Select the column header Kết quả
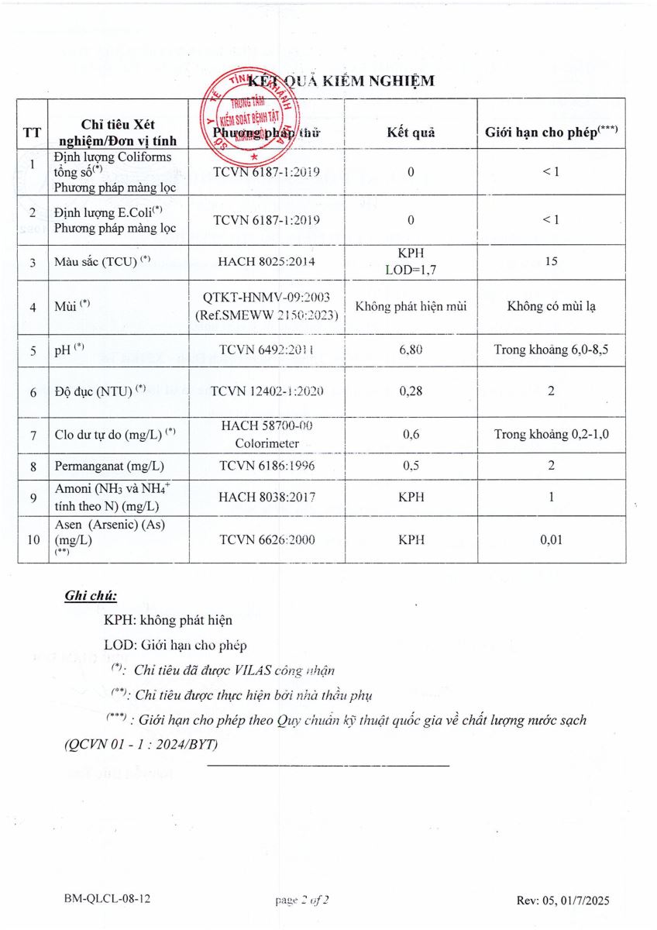411,132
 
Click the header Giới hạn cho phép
551,132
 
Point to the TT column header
33,132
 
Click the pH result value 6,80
411,350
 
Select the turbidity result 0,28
411,391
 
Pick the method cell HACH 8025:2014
267,262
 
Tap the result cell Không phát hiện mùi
411,306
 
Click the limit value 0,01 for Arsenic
551,540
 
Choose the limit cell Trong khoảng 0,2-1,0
551,434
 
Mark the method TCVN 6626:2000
267,540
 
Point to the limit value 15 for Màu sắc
551,262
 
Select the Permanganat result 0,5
411,467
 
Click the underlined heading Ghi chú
90,597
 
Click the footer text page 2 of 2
302,900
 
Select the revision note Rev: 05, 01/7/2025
562,900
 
